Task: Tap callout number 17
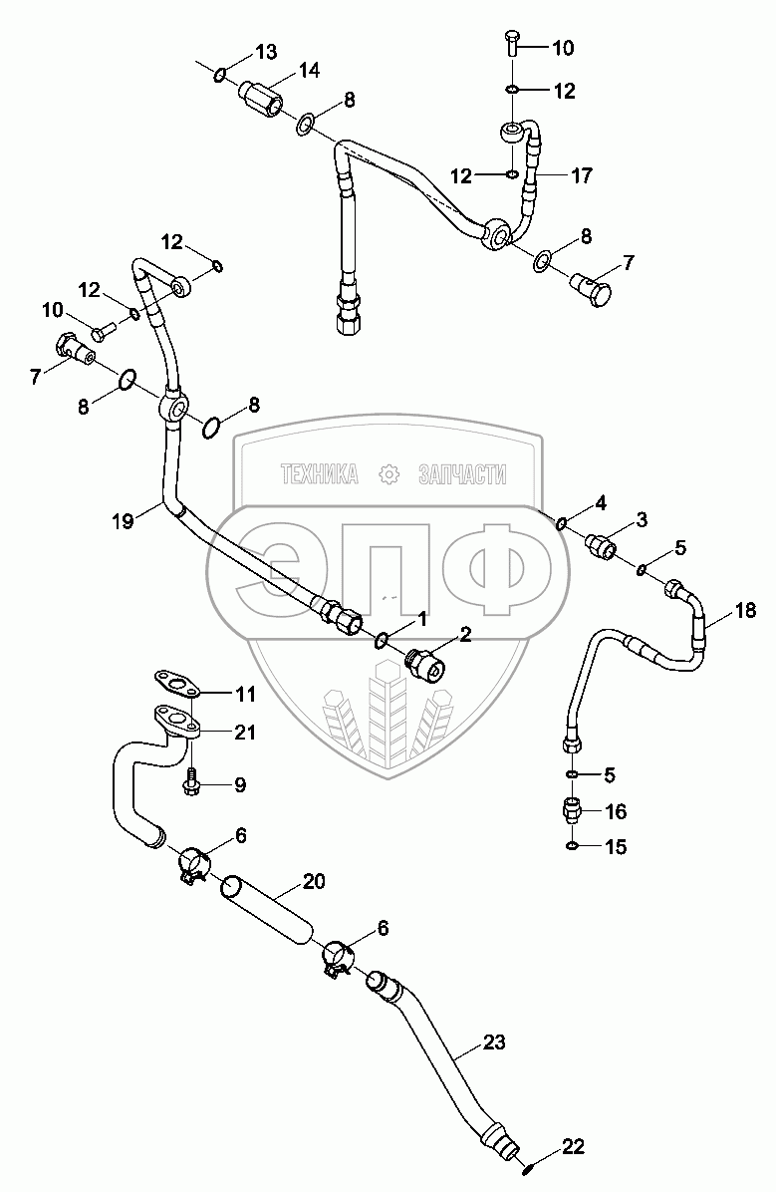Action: tap(582, 176)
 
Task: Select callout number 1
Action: tap(421, 619)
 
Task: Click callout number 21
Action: tap(245, 733)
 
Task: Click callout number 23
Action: tap(494, 1043)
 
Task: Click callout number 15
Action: tap(617, 847)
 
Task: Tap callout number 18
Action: tap(746, 610)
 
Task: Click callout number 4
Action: tap(602, 502)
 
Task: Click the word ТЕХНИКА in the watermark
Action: tap(319, 475)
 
